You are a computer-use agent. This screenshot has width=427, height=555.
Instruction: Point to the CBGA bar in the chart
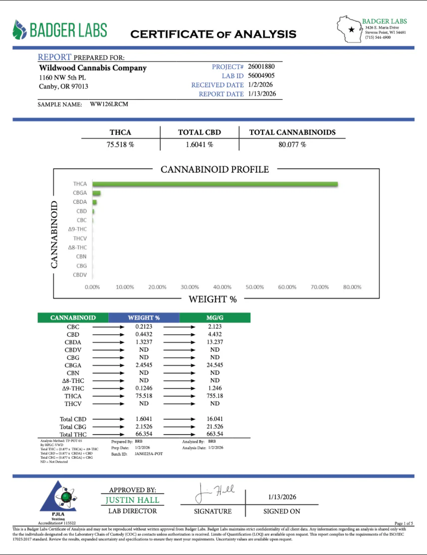point(96,193)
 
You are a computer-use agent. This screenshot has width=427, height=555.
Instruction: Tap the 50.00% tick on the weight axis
point(255,287)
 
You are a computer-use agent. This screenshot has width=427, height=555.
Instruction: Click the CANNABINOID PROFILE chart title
point(215,170)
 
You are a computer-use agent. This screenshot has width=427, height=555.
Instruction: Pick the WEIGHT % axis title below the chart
point(212,300)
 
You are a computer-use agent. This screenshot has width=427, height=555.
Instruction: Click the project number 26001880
point(262,66)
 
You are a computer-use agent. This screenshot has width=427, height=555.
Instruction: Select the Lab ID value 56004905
point(262,76)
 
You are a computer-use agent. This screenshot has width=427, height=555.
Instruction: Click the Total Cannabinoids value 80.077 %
point(292,145)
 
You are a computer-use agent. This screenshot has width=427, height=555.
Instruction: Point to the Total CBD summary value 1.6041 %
point(199,145)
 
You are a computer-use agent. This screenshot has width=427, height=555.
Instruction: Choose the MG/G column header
point(215,318)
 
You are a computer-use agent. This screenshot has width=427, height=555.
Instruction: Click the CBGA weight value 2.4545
point(144,365)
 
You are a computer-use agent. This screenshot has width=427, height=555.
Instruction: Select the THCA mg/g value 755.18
point(215,396)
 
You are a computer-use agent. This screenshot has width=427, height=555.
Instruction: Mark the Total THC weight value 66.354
point(144,434)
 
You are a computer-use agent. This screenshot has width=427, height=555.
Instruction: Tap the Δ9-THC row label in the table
point(73,388)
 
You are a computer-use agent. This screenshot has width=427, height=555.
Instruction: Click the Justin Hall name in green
point(132,500)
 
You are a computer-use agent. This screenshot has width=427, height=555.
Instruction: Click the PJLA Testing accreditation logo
point(58,498)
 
